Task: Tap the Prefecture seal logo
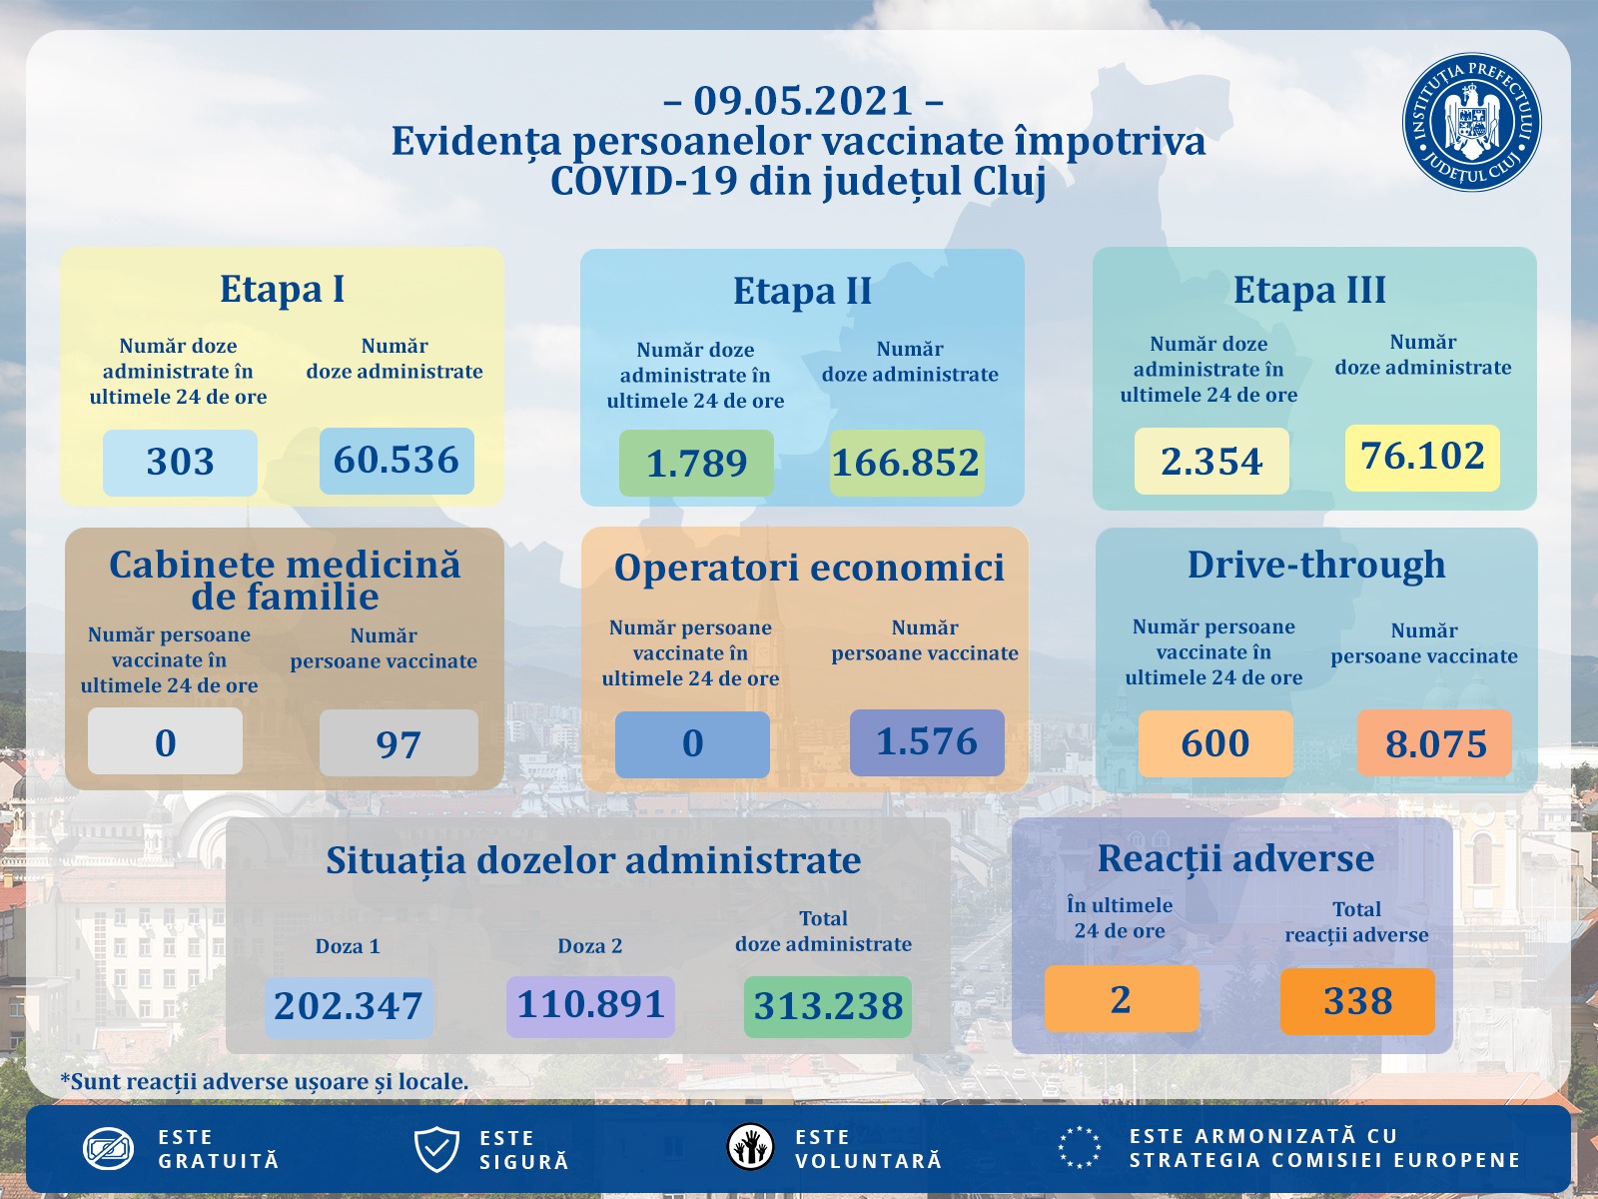[x=1471, y=123]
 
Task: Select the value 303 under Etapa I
[x=180, y=462]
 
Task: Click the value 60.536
[x=397, y=461]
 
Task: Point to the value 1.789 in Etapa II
[x=696, y=463]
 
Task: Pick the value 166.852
[x=906, y=463]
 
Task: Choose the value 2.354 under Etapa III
[x=1211, y=462]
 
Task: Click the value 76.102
[x=1422, y=457]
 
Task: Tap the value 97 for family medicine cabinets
[x=399, y=743]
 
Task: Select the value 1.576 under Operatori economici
[x=927, y=742]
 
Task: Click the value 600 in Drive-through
[x=1215, y=743]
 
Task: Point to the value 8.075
[x=1435, y=743]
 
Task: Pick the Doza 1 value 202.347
[x=349, y=1006]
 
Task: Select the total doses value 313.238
[x=828, y=1006]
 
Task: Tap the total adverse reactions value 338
[x=1357, y=1001]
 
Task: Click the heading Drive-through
[x=1316, y=566]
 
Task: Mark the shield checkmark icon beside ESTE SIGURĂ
[x=436, y=1149]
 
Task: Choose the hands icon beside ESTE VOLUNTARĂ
[x=750, y=1147]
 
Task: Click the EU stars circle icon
[x=1080, y=1147]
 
